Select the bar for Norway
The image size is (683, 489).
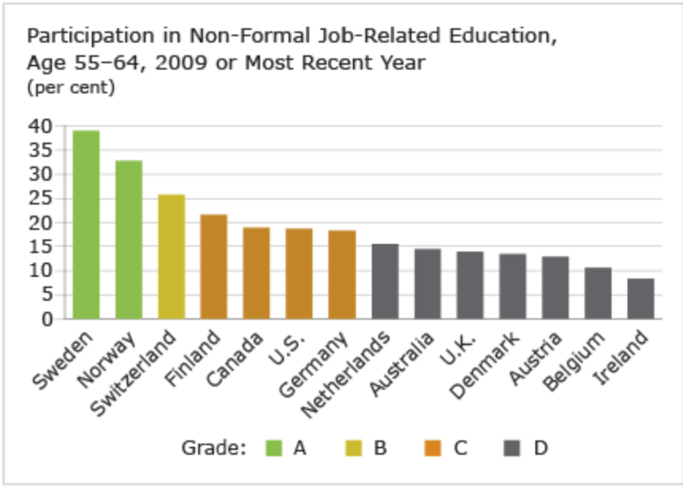129,239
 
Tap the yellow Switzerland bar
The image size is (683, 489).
171,256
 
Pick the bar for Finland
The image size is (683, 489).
214,266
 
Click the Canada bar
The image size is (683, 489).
256,273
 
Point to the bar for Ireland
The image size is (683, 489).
640,298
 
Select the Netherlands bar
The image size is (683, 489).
384,281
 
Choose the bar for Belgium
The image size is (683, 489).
598,293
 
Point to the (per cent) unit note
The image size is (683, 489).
71,87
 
